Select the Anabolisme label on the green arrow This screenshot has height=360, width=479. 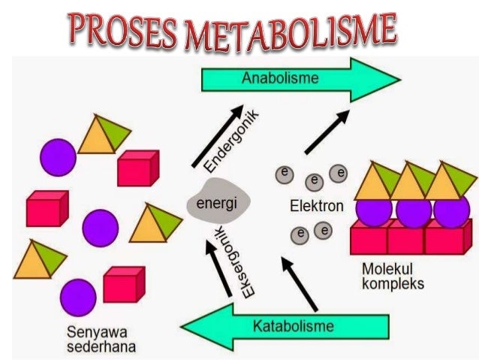pos(280,78)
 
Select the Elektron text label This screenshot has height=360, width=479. pos(317,204)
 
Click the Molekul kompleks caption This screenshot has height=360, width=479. pos(393,275)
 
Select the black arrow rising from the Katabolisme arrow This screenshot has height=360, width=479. pos(300,282)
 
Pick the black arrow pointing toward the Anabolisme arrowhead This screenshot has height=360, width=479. pos(327,132)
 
